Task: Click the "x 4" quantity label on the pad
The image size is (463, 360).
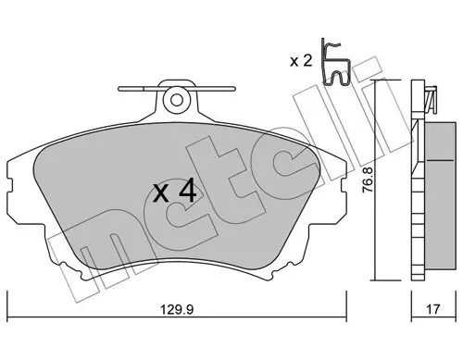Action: [x=174, y=192]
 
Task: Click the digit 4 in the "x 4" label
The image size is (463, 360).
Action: [x=186, y=192]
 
